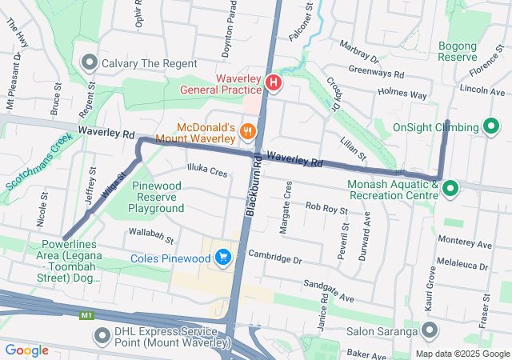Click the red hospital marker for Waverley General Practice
tap(274, 83)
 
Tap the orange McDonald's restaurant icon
tap(248, 130)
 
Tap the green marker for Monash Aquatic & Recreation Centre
tap(450, 190)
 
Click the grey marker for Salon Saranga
tap(430, 330)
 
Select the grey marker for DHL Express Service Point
tap(102, 335)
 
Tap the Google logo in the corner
tap(27, 350)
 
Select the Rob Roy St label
tap(326, 209)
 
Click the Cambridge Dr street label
tap(274, 258)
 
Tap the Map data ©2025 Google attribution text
tap(462, 354)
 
